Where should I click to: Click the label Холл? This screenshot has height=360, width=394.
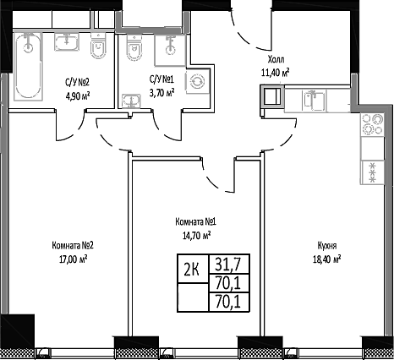[x=276, y=60]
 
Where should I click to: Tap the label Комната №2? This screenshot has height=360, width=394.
[x=71, y=246]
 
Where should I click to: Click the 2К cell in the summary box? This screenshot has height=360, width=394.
[x=191, y=270]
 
